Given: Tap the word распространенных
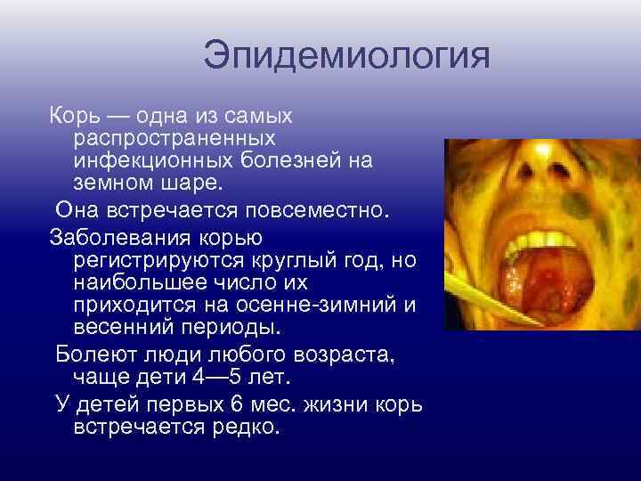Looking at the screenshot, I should pos(174,139).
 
